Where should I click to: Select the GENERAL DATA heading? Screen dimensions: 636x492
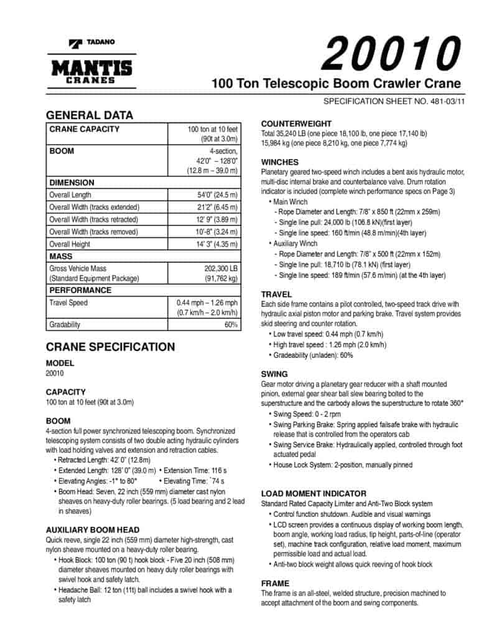click(x=90, y=115)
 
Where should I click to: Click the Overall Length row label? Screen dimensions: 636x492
click(x=70, y=194)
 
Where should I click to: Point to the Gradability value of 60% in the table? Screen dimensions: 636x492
click(x=231, y=324)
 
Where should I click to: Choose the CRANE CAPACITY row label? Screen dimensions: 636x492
click(x=85, y=129)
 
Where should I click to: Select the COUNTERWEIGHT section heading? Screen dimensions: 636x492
click(x=296, y=124)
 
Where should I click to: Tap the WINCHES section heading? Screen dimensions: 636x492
click(x=280, y=162)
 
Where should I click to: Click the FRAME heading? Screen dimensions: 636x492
click(x=275, y=584)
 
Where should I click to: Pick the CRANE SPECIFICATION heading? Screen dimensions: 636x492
click(x=110, y=347)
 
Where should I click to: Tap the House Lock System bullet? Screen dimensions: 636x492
click(x=342, y=465)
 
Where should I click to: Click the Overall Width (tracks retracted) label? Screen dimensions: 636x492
click(x=94, y=219)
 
